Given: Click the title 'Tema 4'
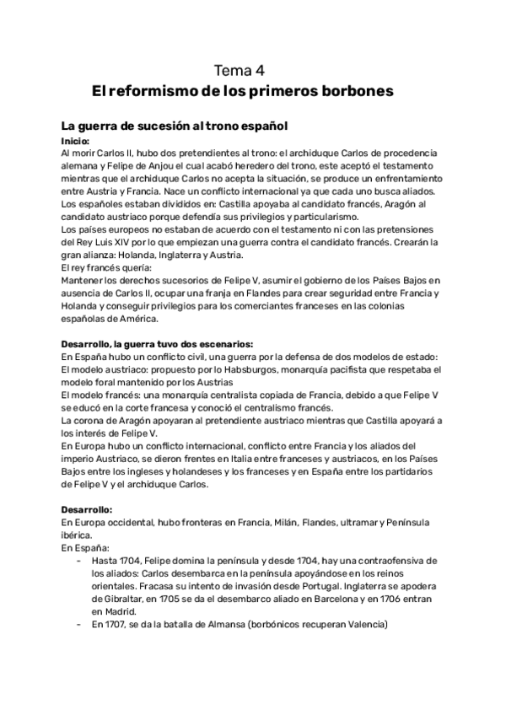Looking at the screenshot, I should tap(240, 71).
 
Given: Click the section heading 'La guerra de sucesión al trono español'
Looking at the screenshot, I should tap(175, 126).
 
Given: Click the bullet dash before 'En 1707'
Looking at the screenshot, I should tap(78, 624).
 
